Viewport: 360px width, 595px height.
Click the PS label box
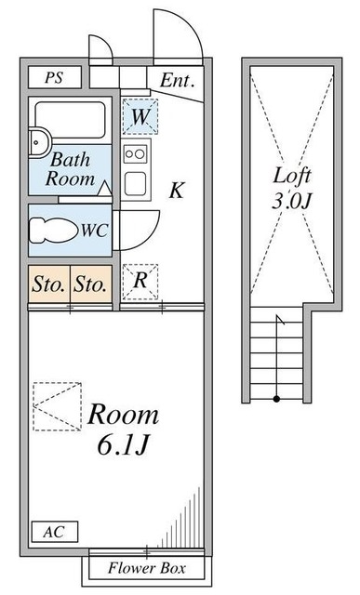click(53, 78)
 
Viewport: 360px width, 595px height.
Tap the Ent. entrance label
click(177, 80)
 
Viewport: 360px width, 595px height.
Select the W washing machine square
click(140, 116)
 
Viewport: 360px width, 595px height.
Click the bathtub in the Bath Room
click(70, 118)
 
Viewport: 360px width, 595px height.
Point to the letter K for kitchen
click(177, 192)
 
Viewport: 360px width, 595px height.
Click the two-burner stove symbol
click(136, 153)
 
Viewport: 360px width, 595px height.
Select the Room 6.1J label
click(124, 430)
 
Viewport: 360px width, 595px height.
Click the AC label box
click(53, 533)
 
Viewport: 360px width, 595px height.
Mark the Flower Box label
click(146, 568)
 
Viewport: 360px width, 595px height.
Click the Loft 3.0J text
click(290, 185)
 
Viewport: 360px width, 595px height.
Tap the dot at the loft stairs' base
click(276, 399)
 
